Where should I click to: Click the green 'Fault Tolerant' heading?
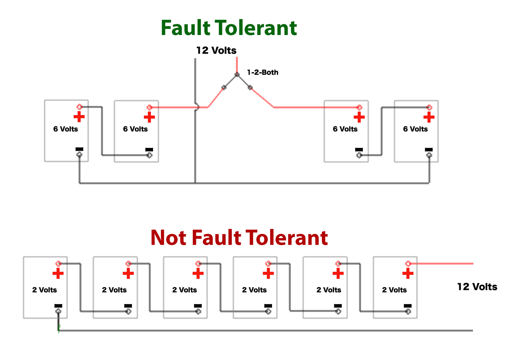click(x=229, y=28)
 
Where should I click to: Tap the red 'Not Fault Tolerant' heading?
click(x=239, y=238)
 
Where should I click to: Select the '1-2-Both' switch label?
click(x=262, y=72)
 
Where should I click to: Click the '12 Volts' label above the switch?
click(x=216, y=50)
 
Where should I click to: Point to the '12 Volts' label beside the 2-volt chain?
click(x=477, y=287)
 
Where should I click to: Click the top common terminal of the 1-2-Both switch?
click(x=237, y=74)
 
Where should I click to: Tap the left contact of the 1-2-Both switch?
click(x=224, y=87)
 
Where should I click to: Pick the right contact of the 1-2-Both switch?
click(x=250, y=87)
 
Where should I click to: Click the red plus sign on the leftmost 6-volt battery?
click(x=79, y=117)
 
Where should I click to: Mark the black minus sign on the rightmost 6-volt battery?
click(x=429, y=150)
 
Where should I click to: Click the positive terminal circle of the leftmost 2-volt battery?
click(x=58, y=264)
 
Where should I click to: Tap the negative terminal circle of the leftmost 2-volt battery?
click(x=58, y=311)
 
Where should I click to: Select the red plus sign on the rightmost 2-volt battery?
click(x=408, y=273)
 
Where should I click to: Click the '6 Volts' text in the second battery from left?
click(x=135, y=129)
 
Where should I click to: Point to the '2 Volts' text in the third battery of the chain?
click(x=184, y=290)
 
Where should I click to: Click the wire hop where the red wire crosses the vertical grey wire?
click(x=197, y=107)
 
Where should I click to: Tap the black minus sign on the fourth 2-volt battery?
click(x=268, y=306)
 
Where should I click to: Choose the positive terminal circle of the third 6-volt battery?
click(x=359, y=107)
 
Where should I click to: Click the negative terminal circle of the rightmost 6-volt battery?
click(x=429, y=156)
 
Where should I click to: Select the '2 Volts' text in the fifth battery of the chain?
click(x=329, y=290)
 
